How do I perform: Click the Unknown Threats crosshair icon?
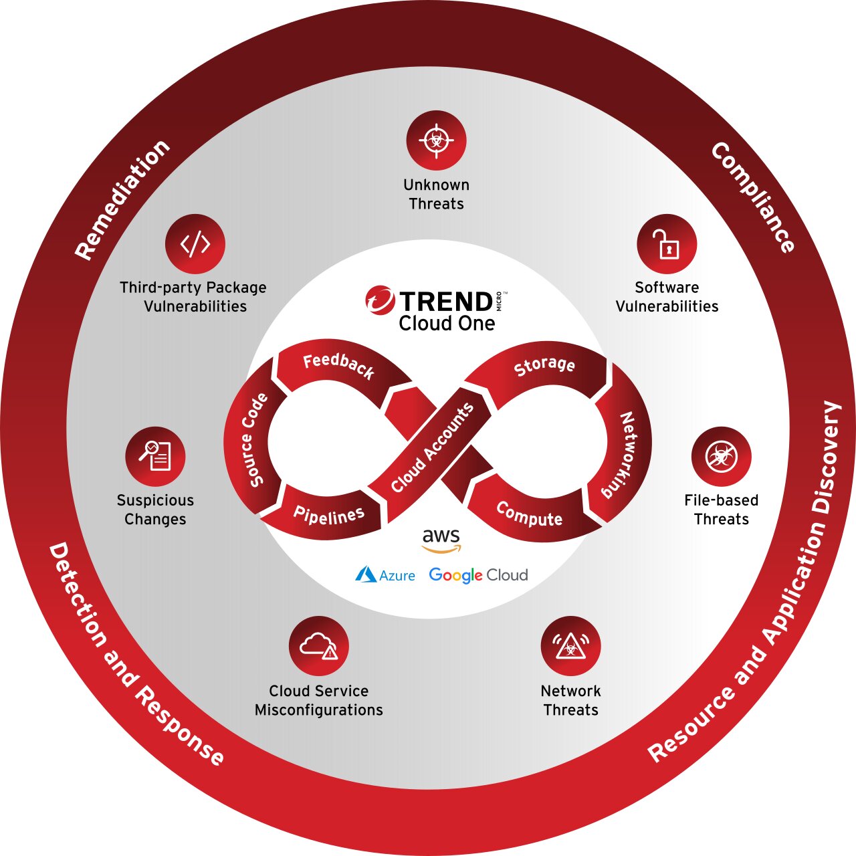(x=436, y=140)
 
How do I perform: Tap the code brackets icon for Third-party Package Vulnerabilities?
(x=195, y=244)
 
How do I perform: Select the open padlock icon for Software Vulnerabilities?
(x=667, y=244)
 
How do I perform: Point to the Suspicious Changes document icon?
(x=155, y=457)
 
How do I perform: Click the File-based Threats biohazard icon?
(x=722, y=457)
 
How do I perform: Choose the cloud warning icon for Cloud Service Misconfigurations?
(x=319, y=646)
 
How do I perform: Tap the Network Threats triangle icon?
(x=571, y=646)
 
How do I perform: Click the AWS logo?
(x=441, y=540)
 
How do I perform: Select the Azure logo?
(x=385, y=575)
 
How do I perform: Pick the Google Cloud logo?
(x=478, y=575)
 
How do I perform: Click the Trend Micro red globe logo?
(x=380, y=300)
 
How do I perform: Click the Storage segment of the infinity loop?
(x=544, y=366)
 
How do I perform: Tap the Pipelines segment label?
(x=329, y=516)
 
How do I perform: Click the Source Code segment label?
(x=253, y=440)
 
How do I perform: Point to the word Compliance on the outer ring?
(x=752, y=197)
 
